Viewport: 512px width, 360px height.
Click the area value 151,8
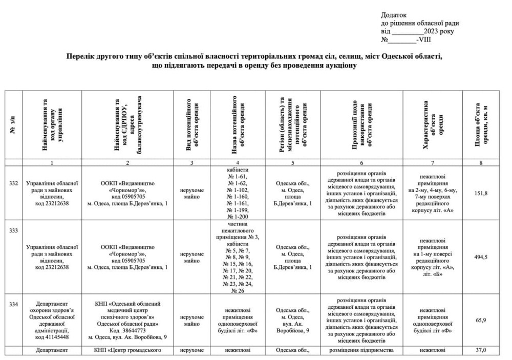click(x=481, y=193)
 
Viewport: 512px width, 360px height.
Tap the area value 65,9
click(x=481, y=320)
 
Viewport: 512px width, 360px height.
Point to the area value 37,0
click(x=481, y=350)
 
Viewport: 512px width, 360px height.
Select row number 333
click(x=14, y=230)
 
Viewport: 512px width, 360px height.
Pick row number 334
click(x=14, y=305)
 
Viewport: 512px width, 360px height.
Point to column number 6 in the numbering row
click(x=361, y=162)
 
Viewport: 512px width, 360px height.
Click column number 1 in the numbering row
click(x=52, y=162)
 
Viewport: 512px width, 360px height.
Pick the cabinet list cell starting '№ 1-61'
click(x=237, y=193)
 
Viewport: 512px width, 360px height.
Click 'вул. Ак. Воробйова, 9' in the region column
click(x=292, y=328)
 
